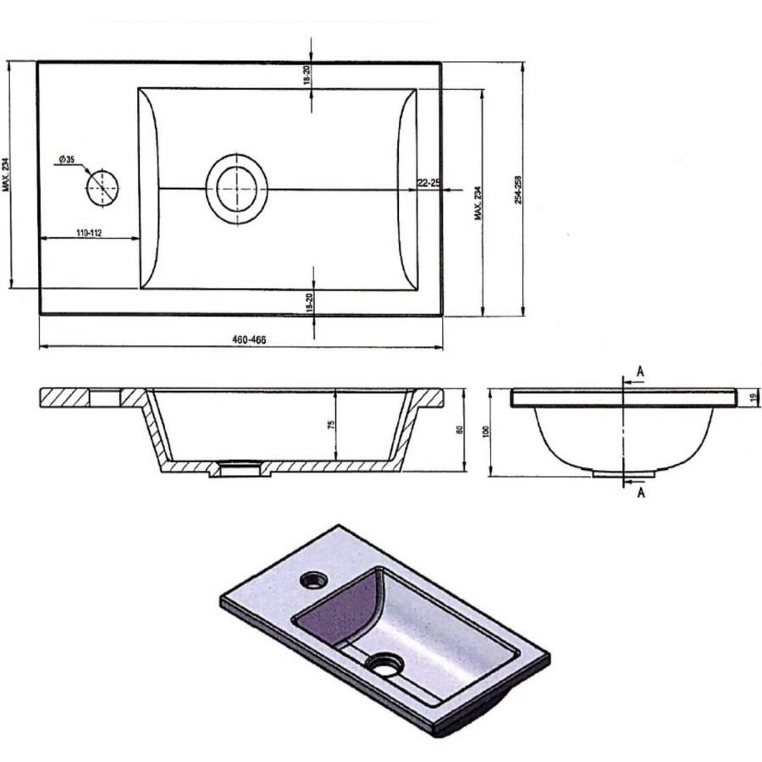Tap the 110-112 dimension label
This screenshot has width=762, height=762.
coord(84,233)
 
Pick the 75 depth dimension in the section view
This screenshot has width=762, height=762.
coord(332,424)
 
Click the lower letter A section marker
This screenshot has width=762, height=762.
coord(641,493)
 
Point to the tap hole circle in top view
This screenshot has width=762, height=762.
coord(103,185)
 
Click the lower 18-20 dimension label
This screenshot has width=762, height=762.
coord(310,301)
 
